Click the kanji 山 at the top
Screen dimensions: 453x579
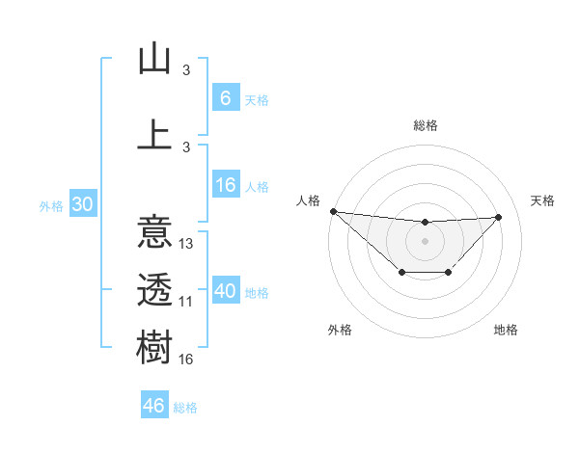[x=154, y=60]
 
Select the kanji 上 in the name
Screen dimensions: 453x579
[x=154, y=134]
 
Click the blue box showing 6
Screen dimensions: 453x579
[x=226, y=98]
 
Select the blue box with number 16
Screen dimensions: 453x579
[x=226, y=186]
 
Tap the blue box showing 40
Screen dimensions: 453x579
[x=226, y=292]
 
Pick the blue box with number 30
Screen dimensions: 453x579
[x=82, y=204]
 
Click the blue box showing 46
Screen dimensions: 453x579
[x=154, y=406]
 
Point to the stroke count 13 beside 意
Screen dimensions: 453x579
[x=187, y=244]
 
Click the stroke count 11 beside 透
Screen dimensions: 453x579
[x=186, y=302]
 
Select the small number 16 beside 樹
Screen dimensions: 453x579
[x=186, y=360]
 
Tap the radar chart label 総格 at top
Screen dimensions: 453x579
[x=426, y=125]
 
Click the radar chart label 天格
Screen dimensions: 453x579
[x=543, y=200]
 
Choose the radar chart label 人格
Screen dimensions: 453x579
[x=308, y=200]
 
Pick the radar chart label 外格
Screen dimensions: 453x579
[x=340, y=330]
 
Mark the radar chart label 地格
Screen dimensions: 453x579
[x=506, y=330]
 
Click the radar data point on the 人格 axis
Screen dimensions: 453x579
[x=333, y=211]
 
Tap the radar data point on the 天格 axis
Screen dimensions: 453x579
[x=499, y=217]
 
